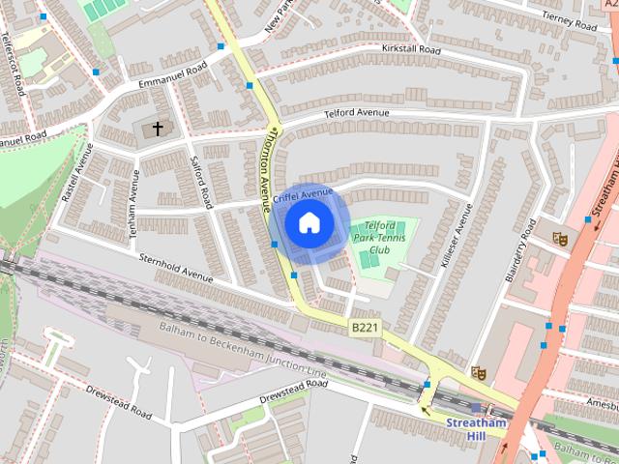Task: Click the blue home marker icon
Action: [309, 223]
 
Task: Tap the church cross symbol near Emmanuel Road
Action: [158, 129]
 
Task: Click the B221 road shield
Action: [364, 330]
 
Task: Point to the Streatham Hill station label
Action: [476, 428]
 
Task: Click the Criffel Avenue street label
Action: [303, 195]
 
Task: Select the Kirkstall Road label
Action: [410, 49]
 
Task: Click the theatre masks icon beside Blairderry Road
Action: [559, 238]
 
